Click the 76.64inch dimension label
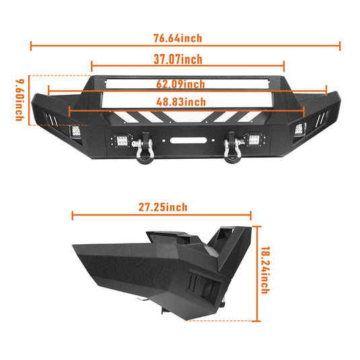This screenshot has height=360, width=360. [178, 38]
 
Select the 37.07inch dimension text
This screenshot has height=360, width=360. [178, 59]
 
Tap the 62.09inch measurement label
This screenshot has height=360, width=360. [181, 84]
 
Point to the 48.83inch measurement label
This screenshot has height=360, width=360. [181, 102]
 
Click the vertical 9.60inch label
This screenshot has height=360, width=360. [20, 100]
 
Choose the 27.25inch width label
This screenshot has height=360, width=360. [163, 207]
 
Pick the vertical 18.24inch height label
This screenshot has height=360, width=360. [265, 270]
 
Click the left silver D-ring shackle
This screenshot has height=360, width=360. [144, 148]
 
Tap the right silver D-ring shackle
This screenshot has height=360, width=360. [231, 147]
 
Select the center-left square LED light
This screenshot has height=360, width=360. [122, 141]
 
